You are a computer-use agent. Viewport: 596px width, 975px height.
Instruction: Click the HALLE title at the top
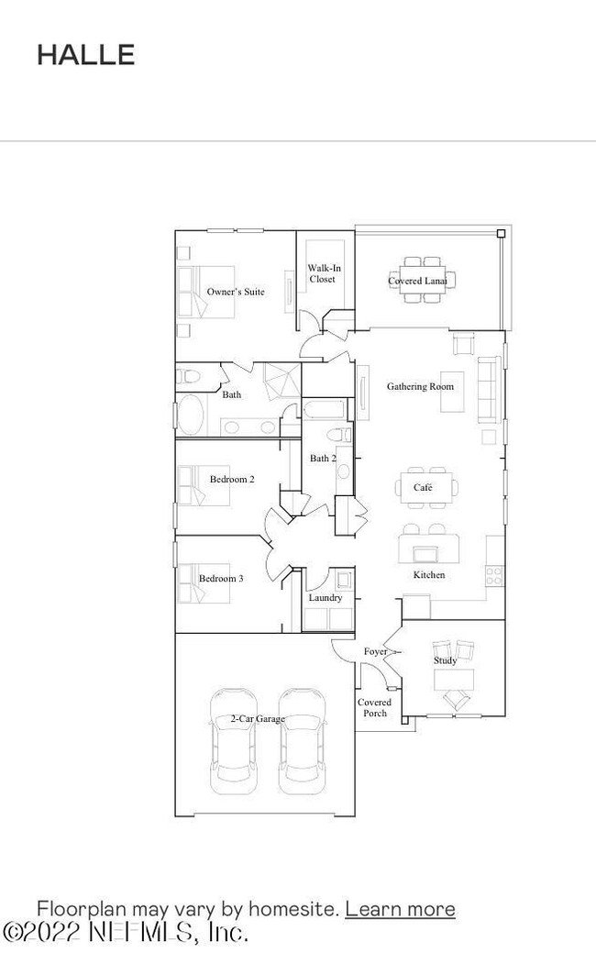click(x=85, y=55)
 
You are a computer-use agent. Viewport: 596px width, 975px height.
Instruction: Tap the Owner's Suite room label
click(x=235, y=292)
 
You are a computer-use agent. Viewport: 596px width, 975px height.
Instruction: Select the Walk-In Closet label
click(x=321, y=273)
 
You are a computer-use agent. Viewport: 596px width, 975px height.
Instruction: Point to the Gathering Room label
click(x=419, y=387)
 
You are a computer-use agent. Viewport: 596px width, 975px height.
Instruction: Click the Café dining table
click(x=424, y=488)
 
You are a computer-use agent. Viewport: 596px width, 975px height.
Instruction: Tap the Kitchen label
click(x=428, y=575)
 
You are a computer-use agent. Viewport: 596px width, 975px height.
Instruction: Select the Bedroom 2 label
click(x=232, y=480)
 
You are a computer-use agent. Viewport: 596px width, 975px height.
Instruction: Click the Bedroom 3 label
click(x=221, y=579)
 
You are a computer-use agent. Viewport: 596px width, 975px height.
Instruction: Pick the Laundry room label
click(x=325, y=598)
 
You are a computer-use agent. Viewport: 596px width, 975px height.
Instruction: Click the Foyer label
click(x=375, y=652)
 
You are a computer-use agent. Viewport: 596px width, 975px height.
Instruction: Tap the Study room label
click(x=445, y=660)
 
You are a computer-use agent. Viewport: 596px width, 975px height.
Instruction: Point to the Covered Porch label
click(x=374, y=708)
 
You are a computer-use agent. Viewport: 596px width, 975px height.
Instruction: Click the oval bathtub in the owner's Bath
click(x=192, y=415)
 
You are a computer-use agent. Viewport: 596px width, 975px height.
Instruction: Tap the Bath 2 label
click(x=322, y=459)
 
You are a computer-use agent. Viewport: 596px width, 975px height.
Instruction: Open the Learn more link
click(x=400, y=909)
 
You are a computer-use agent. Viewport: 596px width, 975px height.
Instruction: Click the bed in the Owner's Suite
click(x=208, y=292)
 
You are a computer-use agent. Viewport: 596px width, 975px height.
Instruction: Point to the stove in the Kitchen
click(x=493, y=575)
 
